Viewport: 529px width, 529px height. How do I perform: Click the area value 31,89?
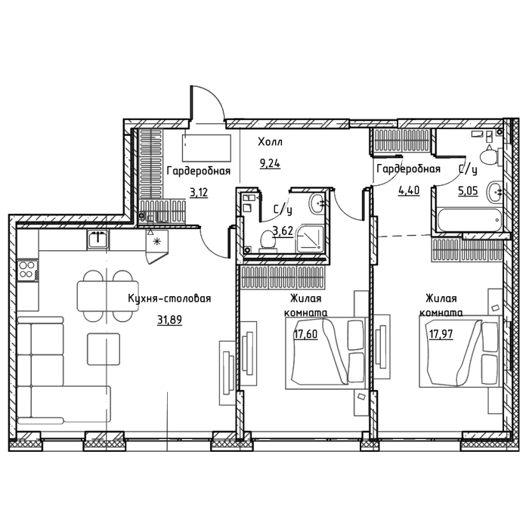tap(170, 320)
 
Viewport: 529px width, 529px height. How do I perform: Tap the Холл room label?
tap(271, 142)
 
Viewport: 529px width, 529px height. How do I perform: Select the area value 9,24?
tap(270, 164)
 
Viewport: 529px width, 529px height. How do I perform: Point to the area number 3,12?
tap(199, 193)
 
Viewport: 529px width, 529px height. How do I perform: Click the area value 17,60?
tap(305, 334)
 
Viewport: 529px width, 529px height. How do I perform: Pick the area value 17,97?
tap(441, 334)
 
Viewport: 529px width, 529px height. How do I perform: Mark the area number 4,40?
tap(409, 190)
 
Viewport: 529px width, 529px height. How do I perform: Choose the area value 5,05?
tap(468, 191)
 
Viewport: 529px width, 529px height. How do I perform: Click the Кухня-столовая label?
tap(169, 299)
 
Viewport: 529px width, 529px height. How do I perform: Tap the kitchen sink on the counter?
tap(97, 240)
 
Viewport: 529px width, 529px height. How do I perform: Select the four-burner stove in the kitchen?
tap(28, 271)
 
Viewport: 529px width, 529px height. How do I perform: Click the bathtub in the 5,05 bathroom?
tap(469, 220)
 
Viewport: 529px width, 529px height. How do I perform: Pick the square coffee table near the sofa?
tap(104, 349)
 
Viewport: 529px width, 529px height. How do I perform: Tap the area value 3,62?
tap(283, 231)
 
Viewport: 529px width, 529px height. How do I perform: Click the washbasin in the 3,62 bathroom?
tap(317, 203)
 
